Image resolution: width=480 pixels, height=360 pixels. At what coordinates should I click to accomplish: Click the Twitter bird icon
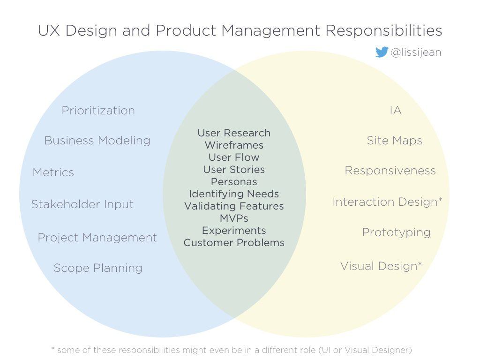pos(382,52)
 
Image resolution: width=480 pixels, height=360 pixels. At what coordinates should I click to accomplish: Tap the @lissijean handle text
pos(416,52)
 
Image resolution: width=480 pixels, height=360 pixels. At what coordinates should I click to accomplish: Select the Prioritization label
pos(98,111)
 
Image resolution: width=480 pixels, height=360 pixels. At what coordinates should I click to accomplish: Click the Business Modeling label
pos(97,141)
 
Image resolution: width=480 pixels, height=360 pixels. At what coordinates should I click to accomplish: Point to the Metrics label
pos(53,172)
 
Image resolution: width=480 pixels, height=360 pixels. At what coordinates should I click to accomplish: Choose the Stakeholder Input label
pos(82,204)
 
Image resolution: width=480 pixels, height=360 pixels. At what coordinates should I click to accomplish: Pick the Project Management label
pos(97,238)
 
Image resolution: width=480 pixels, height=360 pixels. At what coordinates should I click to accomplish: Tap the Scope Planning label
pos(98,268)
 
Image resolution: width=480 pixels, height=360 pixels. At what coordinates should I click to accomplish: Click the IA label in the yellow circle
pos(396,111)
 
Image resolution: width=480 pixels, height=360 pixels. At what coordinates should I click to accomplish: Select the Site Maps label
pos(395,141)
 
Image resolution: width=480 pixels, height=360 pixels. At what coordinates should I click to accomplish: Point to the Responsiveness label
pos(390,171)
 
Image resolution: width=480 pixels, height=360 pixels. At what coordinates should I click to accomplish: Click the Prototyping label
pos(397,232)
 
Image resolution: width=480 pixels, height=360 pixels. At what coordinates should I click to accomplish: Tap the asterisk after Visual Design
pos(420,263)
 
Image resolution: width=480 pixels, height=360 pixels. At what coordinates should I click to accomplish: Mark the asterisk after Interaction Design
pos(440,200)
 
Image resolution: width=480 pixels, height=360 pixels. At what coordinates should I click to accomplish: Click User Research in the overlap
pos(234,133)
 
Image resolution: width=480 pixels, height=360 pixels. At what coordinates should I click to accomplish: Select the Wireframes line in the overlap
pos(234,145)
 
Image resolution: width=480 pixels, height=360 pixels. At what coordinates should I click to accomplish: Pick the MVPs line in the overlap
pos(234,218)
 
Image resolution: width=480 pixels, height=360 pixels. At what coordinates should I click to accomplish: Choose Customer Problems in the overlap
pos(234,243)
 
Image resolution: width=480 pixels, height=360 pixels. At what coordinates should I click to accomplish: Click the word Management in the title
pos(270,31)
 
